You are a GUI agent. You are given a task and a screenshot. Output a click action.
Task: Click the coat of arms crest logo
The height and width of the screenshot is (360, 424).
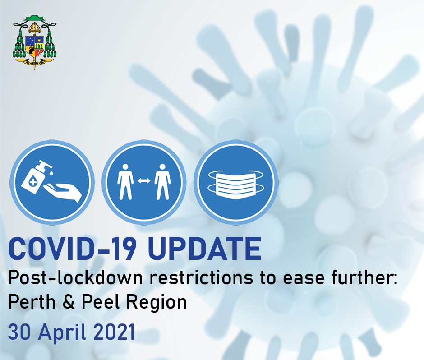coord(34,42)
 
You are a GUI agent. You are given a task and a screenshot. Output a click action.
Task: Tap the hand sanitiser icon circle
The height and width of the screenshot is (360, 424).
coord(52,183)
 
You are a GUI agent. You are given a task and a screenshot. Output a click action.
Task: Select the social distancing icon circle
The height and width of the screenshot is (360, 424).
coord(143,183)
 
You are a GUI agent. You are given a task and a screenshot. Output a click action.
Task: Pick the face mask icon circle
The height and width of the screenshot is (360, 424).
coord(235,183)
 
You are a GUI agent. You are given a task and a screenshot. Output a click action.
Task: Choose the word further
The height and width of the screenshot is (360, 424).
coord(364,279)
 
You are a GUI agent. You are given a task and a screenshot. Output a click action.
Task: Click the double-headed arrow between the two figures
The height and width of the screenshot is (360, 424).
coord(143,181)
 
